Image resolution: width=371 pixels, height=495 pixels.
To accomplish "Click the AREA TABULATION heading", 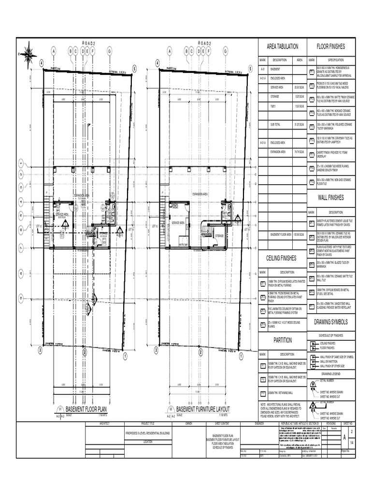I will click(x=283, y=46).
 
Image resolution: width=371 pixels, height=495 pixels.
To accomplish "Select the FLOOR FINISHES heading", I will click(x=331, y=46).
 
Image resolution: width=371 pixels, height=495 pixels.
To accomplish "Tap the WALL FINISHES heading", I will click(x=331, y=197).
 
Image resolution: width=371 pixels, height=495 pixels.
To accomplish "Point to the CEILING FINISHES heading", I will click(x=283, y=258).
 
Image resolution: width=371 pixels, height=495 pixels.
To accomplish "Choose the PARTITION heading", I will click(x=283, y=340).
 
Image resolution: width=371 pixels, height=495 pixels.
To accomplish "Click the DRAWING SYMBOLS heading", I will click(x=331, y=321).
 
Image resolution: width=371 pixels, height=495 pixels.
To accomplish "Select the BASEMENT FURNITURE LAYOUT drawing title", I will click(x=203, y=409).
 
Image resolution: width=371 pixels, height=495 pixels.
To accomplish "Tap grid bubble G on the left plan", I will click(x=110, y=50).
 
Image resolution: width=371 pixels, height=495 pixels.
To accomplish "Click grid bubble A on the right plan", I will click(x=170, y=50).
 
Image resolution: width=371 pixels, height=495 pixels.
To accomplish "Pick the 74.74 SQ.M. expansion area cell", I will click(x=300, y=151).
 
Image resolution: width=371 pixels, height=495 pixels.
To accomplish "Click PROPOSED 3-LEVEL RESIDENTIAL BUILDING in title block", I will click(x=147, y=434).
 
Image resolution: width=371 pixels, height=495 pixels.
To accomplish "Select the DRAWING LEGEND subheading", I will click(x=331, y=374).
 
